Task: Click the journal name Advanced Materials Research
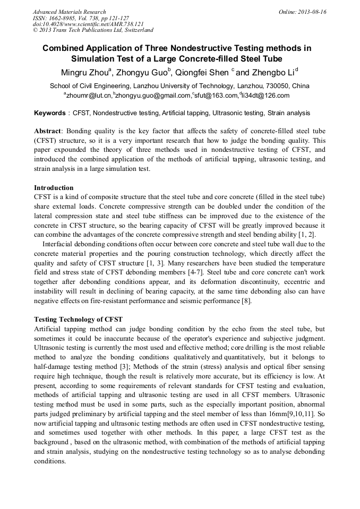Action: click(x=70, y=12)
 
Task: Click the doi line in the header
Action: click(x=88, y=24)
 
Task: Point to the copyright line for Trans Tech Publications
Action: click(x=93, y=30)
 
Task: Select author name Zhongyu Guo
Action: click(x=142, y=72)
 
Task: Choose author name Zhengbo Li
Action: click(x=272, y=72)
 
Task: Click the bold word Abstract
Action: click(x=47, y=131)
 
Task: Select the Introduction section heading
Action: click(x=54, y=188)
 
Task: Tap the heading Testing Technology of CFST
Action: click(x=78, y=320)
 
